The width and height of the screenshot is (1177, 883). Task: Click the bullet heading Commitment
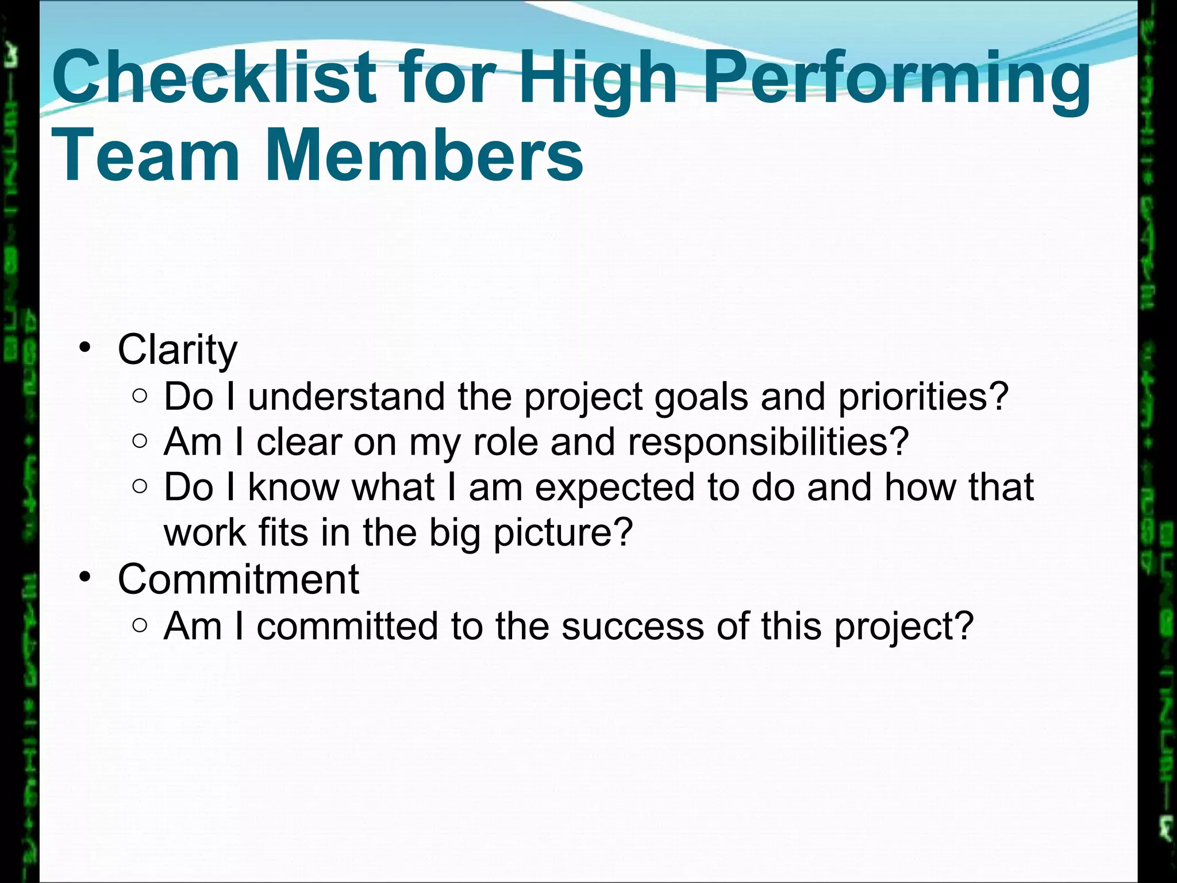pyautogui.click(x=238, y=579)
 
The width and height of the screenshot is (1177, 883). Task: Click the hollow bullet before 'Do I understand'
pyautogui.click(x=140, y=396)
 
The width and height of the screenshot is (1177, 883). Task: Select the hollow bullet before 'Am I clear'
pyautogui.click(x=140, y=441)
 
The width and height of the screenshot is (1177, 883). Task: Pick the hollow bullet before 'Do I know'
pyautogui.click(x=140, y=486)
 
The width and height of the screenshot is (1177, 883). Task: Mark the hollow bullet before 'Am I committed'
pyautogui.click(x=140, y=625)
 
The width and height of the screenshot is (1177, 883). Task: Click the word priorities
pyautogui.click(x=914, y=397)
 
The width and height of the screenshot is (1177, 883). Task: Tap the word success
pyautogui.click(x=632, y=625)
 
